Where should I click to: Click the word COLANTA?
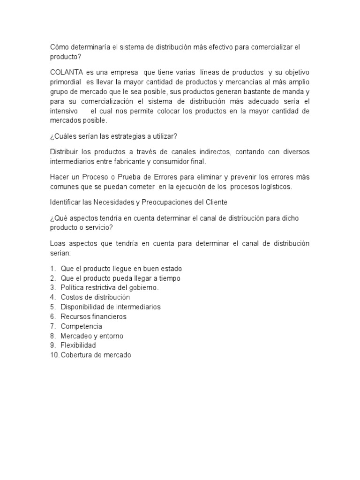(x=66, y=73)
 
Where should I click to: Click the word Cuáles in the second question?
(x=67, y=137)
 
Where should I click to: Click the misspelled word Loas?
(x=57, y=244)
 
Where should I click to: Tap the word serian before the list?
(x=60, y=253)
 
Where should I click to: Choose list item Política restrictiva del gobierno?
(x=110, y=288)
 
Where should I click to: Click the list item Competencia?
(x=81, y=326)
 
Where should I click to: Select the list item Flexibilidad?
(x=78, y=345)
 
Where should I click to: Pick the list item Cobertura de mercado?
(x=96, y=355)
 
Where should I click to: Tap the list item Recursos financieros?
(x=93, y=316)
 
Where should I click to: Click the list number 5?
(x=52, y=307)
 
